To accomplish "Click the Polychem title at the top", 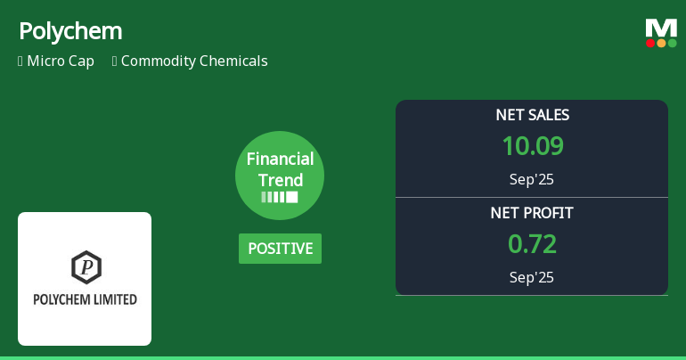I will pos(70,31).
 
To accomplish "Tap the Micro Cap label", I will pos(60,61).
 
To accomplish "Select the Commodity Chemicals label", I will pos(194,61).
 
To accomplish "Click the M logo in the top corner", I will pos(661,28).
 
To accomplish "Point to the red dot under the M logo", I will pos(651,43).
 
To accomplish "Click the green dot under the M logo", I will pos(672,43).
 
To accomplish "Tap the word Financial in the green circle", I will pos(280,160).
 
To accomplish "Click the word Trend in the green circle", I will pos(280,179).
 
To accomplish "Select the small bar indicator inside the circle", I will pos(280,197).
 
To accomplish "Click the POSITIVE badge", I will pos(280,249).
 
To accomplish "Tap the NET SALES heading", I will pos(532,115).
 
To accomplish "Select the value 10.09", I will pos(532,146).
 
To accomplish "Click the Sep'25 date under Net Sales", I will pos(532,179).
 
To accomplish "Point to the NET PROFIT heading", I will pos(532,213).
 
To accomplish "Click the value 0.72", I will pos(532,244).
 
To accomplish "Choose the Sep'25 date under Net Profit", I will pos(532,277).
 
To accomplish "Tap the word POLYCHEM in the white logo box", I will pos(61,299).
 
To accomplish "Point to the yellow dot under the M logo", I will pos(661,43).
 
